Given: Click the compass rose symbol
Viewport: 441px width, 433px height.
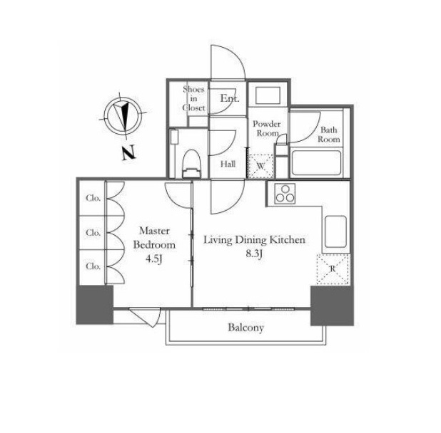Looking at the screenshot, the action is pos(123,115).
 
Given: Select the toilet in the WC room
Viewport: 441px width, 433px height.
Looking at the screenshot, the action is pos(192,163).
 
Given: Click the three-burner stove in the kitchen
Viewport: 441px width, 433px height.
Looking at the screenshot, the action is pos(285,194).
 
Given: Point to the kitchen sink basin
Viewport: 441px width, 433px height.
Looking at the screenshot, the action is pos(335,231).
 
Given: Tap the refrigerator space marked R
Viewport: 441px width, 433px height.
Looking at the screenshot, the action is pos(333,269).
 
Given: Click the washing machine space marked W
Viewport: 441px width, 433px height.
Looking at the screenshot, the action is pos(260,166).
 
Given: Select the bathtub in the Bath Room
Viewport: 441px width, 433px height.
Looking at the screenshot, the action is pos(316,163).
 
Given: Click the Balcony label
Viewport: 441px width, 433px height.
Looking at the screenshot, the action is pos(245,328).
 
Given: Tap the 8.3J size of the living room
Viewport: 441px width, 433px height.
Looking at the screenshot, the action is pos(254,254).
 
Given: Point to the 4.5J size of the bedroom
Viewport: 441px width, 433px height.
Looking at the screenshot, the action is pos(154,259).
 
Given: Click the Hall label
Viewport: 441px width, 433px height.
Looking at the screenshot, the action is pos(228,164).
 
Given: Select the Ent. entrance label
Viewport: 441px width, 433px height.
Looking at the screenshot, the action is pos(230,98).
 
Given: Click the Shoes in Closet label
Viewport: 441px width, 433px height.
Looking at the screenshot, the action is pos(193,98).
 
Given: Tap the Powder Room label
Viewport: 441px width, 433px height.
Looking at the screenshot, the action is pos(266,128).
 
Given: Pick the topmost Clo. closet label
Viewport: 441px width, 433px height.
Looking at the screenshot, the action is pos(93,198).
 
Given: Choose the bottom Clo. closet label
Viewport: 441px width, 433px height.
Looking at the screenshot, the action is pos(93,266).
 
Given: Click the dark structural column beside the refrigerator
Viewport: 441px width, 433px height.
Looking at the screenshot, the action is pos(332,306).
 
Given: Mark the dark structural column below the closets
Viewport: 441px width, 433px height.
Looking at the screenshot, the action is pos(95,305).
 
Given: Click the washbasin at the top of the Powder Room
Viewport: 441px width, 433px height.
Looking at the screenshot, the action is pos(268,95).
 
